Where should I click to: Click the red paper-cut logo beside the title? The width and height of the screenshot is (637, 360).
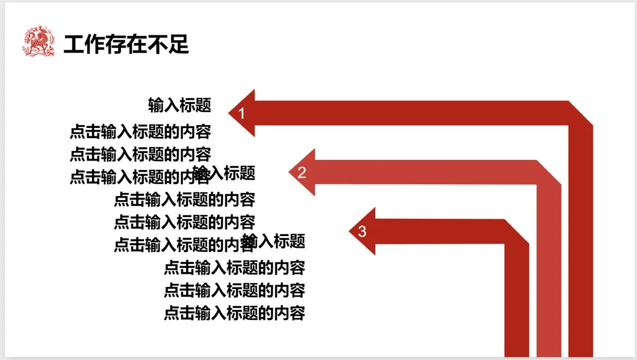38,42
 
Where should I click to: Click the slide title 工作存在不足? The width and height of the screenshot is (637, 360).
126,44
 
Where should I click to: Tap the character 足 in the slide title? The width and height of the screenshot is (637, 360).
179,44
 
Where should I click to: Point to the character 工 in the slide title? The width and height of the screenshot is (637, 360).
74,44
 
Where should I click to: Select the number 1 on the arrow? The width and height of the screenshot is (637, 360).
241,113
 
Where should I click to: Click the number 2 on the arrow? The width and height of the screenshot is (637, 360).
302,173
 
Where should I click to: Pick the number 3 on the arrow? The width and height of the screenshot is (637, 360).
362,231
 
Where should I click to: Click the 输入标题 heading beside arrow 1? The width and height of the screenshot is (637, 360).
179,106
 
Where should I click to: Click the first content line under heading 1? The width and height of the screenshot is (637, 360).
140,131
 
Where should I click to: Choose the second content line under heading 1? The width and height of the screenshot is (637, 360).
140,154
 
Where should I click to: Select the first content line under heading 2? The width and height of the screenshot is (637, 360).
185,199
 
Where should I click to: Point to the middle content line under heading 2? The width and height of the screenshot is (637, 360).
185,222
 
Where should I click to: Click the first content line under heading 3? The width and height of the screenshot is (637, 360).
234,267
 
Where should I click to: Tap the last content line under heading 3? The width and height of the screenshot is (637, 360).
234,313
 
